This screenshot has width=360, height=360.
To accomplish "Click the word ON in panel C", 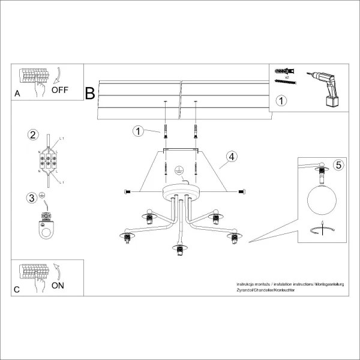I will click(x=58, y=286).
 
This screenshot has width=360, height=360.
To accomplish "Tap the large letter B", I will click(x=90, y=94).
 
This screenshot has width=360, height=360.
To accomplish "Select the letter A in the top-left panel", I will click(x=17, y=94).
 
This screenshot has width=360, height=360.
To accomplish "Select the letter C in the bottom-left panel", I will click(x=17, y=290).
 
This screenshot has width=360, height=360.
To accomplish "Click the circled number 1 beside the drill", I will click(x=281, y=101).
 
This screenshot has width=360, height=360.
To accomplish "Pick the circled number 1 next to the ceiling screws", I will click(x=138, y=130).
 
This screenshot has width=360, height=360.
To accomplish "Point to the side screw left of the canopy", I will click(x=127, y=191).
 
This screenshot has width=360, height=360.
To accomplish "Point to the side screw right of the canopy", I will click(x=241, y=191).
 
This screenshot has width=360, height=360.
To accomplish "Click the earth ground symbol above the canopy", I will click(x=179, y=170).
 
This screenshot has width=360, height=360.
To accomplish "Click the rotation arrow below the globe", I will click(x=322, y=230).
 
